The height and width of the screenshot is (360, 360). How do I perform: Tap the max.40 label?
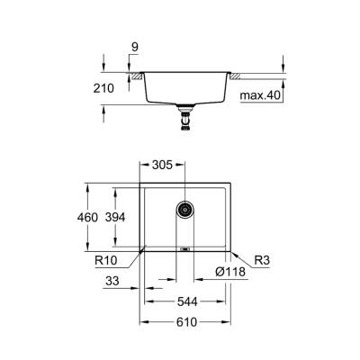260,94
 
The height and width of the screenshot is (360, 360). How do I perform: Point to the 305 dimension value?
162,166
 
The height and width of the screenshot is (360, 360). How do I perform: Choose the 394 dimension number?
130,217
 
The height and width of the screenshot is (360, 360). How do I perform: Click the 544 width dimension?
186,301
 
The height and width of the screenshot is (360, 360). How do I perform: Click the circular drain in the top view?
184,209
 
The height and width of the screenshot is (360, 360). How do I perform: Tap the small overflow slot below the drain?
184,246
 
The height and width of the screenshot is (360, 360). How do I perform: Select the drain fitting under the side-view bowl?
186,112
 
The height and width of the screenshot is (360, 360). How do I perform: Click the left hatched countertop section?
136,78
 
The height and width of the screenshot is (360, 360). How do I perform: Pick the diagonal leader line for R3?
239,256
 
